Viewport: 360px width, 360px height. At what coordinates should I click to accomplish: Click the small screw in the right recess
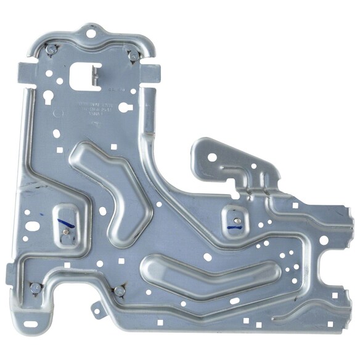[x=237, y=219]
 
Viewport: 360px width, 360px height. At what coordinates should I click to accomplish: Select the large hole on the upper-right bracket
[x=211, y=157]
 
